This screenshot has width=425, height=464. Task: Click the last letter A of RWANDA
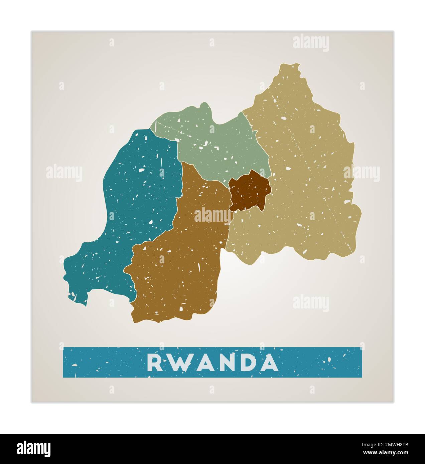pyautogui.click(x=269, y=363)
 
